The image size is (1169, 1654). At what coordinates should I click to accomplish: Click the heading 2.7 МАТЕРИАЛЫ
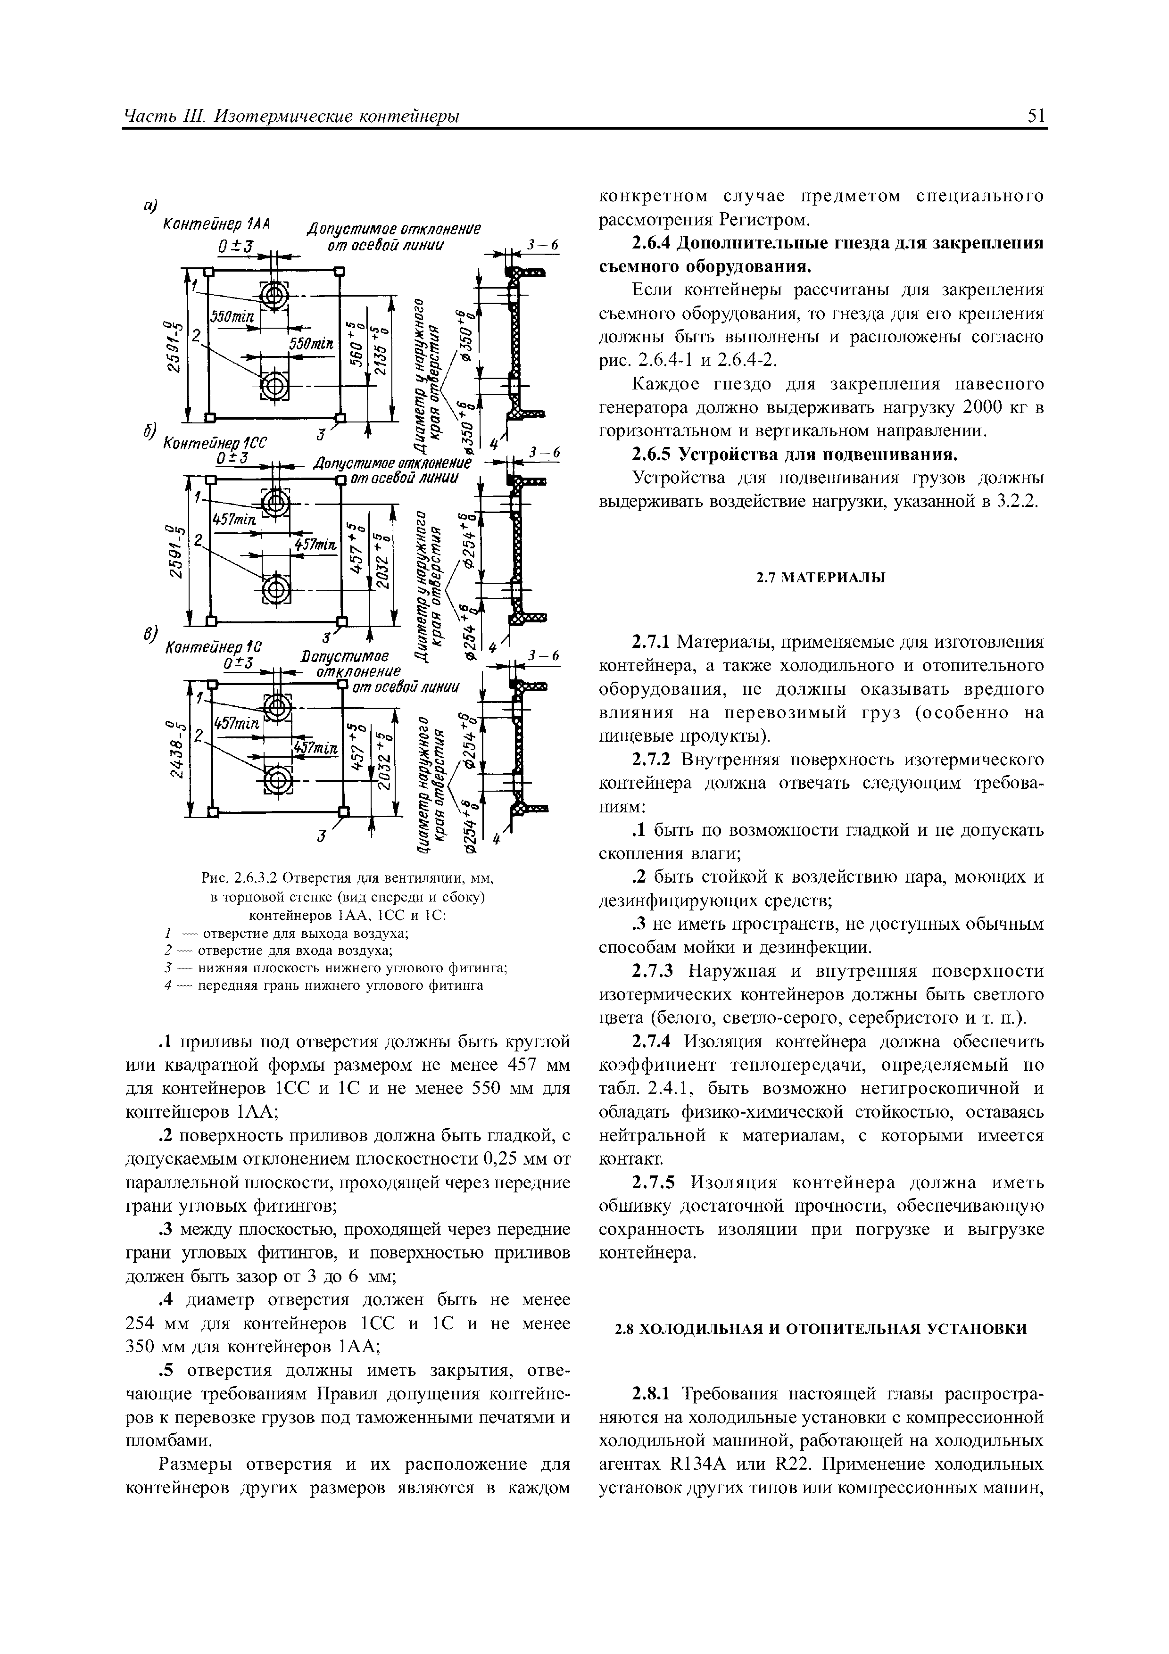[821, 578]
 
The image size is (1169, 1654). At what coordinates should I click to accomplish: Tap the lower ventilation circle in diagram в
[274, 777]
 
